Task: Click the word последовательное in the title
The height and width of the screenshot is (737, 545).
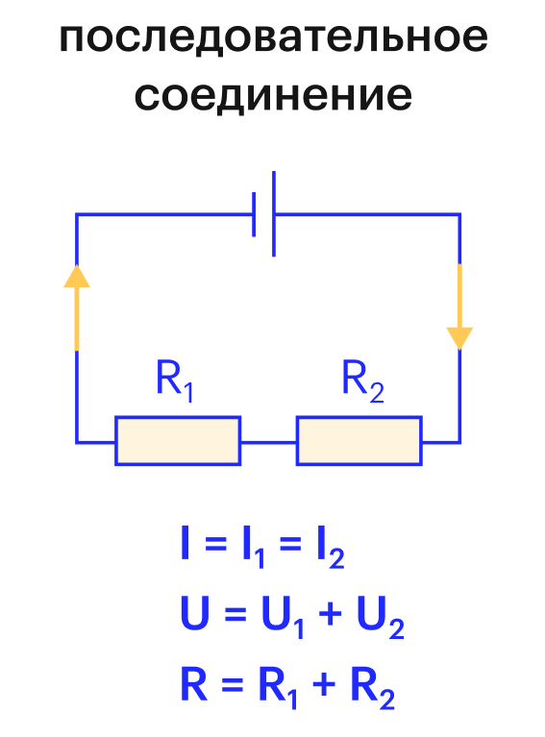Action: tap(273, 37)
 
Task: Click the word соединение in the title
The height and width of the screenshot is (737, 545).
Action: tap(273, 95)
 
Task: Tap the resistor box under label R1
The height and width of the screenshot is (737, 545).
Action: tap(178, 440)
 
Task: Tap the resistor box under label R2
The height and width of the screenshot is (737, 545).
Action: tap(359, 440)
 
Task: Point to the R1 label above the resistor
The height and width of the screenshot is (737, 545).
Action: tap(174, 381)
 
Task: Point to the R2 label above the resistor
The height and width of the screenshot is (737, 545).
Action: tap(362, 381)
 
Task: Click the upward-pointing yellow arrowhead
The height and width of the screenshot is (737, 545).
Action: tap(77, 276)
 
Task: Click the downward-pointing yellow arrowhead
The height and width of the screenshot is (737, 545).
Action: tap(459, 338)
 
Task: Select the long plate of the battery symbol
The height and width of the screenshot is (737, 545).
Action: tap(274, 214)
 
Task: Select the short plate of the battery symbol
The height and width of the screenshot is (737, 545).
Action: tap(254, 214)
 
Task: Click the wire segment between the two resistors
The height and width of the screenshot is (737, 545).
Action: tap(268, 442)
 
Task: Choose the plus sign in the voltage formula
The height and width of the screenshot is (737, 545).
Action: tap(330, 613)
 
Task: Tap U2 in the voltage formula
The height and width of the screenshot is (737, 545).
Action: tap(381, 617)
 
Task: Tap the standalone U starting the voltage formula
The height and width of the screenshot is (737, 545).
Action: tap(195, 613)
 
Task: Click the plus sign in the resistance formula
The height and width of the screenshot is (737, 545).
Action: tap(325, 684)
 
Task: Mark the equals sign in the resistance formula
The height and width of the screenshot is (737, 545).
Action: tap(233, 684)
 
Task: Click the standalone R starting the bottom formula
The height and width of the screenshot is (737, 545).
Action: tap(194, 683)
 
